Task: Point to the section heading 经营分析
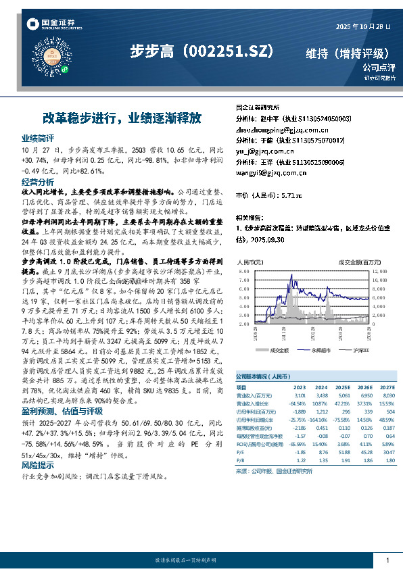coord(38,182)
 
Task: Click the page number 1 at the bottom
coord(387,560)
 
